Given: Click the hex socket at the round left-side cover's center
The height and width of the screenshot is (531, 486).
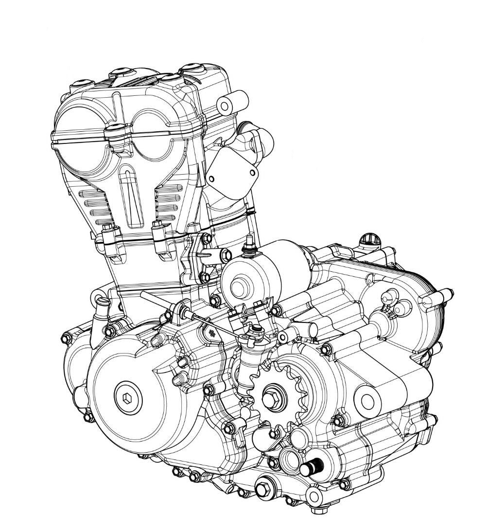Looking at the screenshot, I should pyautogui.click(x=126, y=398).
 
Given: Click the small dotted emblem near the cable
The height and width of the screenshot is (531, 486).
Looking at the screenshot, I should pyautogui.click(x=211, y=332).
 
